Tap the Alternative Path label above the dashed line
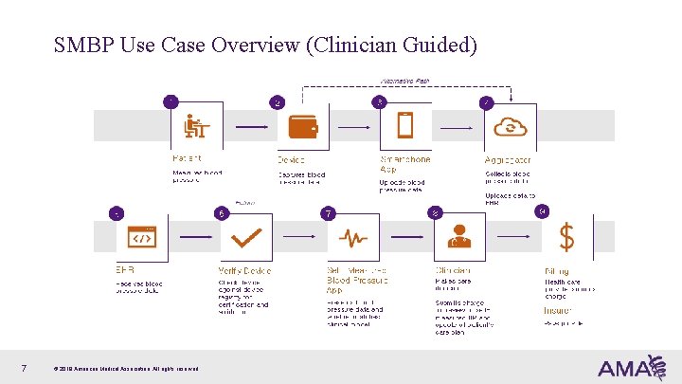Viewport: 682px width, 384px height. point(404,82)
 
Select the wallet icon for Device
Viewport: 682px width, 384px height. point(302,125)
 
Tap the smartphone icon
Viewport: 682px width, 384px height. point(405,125)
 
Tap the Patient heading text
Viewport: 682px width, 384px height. point(187,158)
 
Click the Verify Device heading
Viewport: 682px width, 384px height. point(244,270)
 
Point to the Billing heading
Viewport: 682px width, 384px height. point(557,270)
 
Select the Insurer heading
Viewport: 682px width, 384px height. point(558,310)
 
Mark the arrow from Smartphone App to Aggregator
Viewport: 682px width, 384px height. point(457,126)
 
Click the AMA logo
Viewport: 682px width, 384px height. point(625,367)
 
